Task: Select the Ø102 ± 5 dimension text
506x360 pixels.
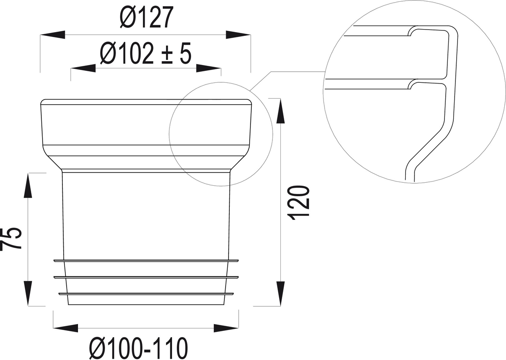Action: point(146,53)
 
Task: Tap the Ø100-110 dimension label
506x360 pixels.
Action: point(139,349)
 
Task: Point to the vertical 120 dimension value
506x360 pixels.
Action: point(299,203)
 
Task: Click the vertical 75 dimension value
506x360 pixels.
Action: point(11,239)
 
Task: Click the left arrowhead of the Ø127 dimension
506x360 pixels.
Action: point(53,35)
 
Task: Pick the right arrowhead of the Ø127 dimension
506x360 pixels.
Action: point(238,35)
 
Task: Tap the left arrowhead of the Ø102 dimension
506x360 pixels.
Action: point(83,68)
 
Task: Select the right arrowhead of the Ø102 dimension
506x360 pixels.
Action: point(208,68)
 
